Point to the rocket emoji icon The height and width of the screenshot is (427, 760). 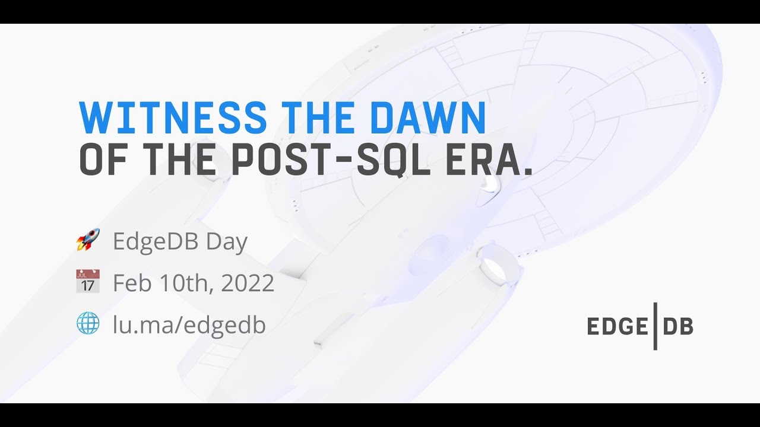(88, 240)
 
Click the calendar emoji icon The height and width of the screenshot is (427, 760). (88, 281)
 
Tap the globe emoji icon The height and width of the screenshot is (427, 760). (88, 323)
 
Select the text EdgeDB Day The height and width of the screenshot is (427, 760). (180, 241)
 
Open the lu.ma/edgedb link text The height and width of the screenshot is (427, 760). (189, 324)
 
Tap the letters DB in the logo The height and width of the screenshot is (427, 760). (678, 326)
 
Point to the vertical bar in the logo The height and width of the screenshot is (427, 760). (655, 326)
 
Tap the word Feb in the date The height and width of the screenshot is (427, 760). (132, 283)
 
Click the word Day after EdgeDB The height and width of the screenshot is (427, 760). (227, 242)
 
